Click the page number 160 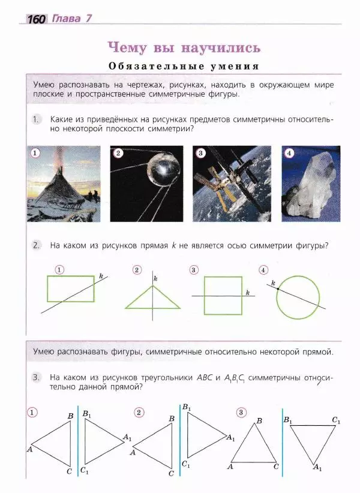35,19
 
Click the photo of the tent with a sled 64,183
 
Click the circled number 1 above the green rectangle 59,269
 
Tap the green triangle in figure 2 152,299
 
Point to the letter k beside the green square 247,293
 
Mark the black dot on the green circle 279,289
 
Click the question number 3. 37,378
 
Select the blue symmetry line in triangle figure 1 78,444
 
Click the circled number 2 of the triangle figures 139,412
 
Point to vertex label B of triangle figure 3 259,421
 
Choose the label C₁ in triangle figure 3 336,420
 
